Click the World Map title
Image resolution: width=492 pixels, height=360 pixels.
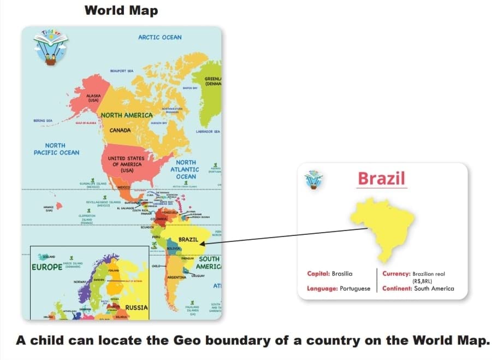(x=122, y=10)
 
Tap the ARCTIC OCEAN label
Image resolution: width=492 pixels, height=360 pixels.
(x=160, y=37)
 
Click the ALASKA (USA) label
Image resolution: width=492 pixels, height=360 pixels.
(x=93, y=97)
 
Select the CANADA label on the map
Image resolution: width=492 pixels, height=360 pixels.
(x=120, y=131)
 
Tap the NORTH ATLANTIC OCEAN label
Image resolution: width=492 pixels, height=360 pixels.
(x=186, y=169)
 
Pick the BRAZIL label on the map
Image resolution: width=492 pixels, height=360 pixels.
(x=188, y=240)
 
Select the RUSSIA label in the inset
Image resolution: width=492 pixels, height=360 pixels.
(x=137, y=308)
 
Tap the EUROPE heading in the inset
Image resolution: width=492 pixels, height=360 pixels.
(x=47, y=268)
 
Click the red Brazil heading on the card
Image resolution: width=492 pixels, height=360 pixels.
(x=382, y=178)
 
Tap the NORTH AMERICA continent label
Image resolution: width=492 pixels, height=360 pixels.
(x=127, y=115)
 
